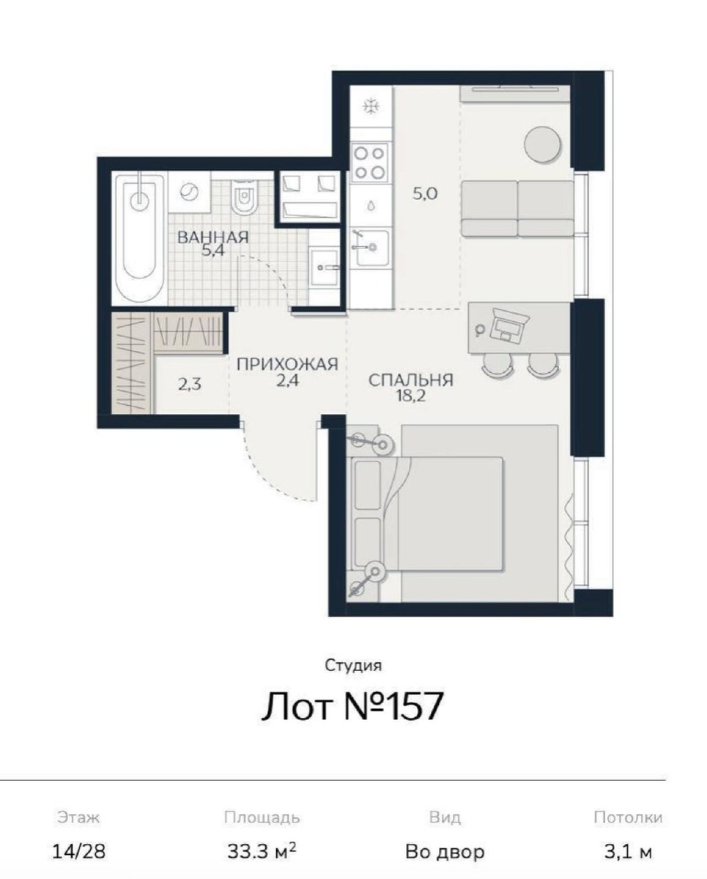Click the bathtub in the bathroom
point(140,239)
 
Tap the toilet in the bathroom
point(245,197)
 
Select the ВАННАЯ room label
point(213,237)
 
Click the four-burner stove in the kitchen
point(370,162)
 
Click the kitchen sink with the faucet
point(371,248)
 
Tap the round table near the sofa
point(542,144)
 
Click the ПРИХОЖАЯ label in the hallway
point(287,363)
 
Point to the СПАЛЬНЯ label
point(411,380)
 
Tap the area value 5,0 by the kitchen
point(425,193)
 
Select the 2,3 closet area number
point(190,385)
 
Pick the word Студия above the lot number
point(353,666)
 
